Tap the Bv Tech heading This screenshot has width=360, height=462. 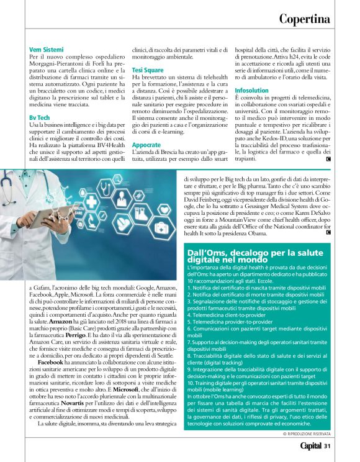pyautogui.click(x=40, y=117)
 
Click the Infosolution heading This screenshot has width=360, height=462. pyautogui.click(x=251, y=91)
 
